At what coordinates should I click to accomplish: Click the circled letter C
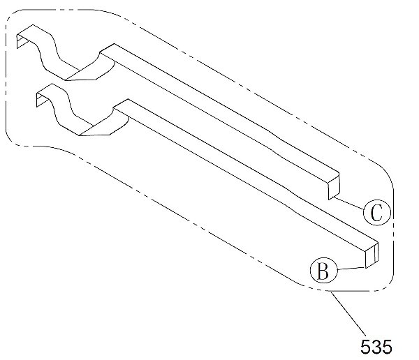coord(377,213)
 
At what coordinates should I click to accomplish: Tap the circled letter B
coord(323,271)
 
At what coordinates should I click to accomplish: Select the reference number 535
coord(376,347)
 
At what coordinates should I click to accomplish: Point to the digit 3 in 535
coord(376,347)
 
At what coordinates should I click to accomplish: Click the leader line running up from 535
coord(348,313)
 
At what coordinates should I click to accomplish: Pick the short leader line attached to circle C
coord(348,203)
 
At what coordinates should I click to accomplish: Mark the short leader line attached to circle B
coord(351,269)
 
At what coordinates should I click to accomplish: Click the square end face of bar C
coord(334,187)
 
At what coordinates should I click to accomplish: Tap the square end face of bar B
coord(372,255)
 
